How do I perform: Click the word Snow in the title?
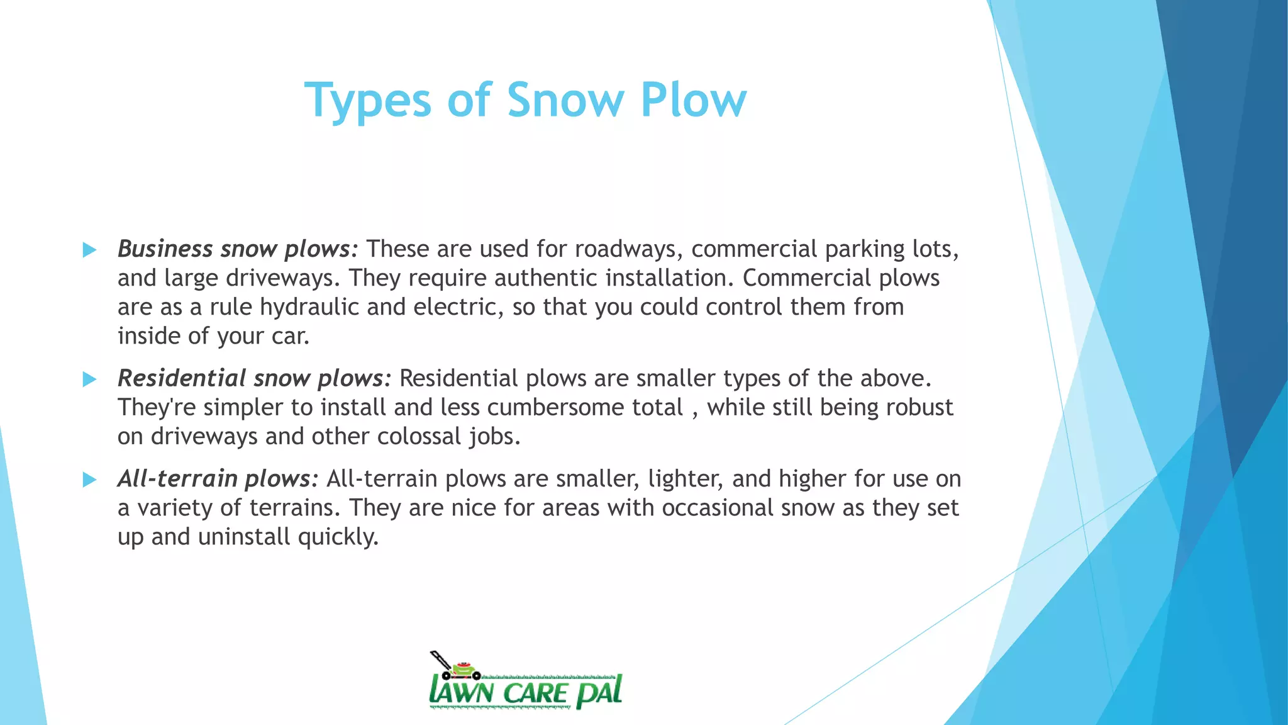[565, 100]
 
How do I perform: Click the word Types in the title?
[367, 100]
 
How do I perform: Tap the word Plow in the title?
[693, 100]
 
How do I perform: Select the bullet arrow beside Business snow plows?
[89, 250]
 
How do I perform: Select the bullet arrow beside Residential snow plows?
[89, 379]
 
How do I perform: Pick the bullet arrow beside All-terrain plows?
[89, 480]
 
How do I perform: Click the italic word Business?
[165, 249]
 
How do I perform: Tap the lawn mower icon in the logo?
[454, 666]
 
